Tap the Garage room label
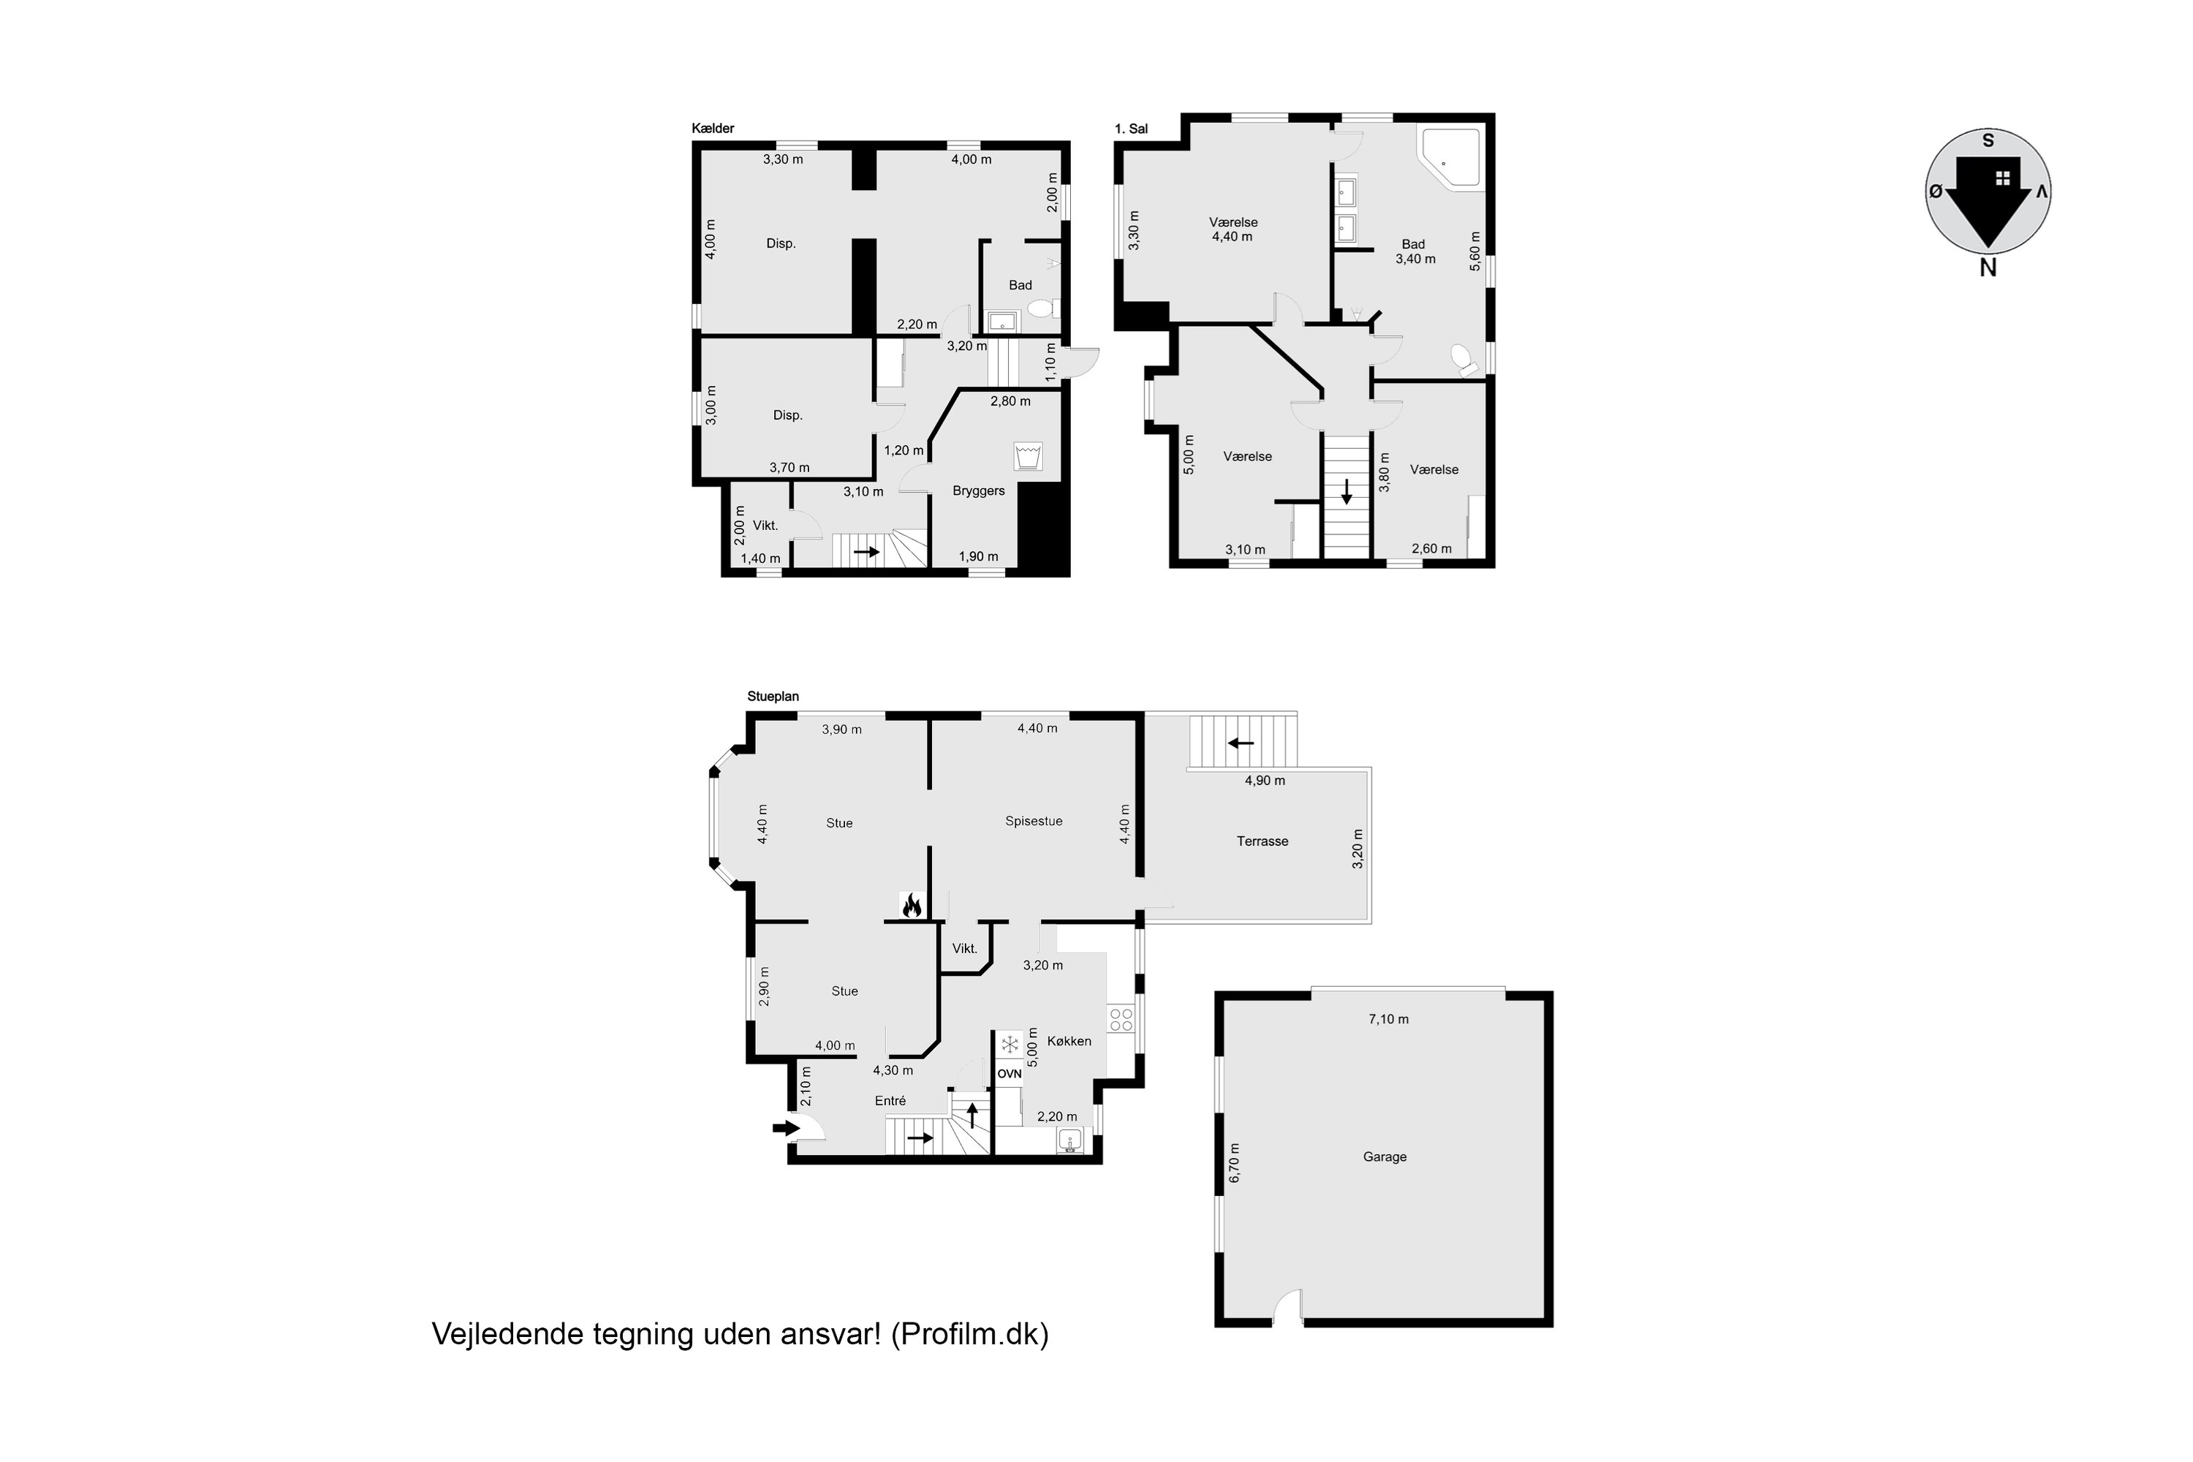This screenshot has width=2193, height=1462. pyautogui.click(x=1385, y=1157)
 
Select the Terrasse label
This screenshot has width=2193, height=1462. pyautogui.click(x=1262, y=841)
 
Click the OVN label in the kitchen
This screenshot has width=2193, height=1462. pyautogui.click(x=1010, y=1074)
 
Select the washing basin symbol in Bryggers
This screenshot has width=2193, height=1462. pyautogui.click(x=1028, y=457)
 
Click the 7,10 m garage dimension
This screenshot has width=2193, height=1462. pyautogui.click(x=1388, y=1019)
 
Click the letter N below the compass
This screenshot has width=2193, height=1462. pyautogui.click(x=1988, y=268)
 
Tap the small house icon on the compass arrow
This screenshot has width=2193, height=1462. pyautogui.click(x=2002, y=178)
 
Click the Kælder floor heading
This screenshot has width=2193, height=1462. pyautogui.click(x=713, y=129)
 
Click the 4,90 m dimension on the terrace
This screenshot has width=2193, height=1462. pyautogui.click(x=1265, y=781)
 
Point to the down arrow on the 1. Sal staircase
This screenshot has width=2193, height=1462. pyautogui.click(x=1347, y=491)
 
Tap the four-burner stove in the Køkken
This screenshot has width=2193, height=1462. pyautogui.click(x=1120, y=1019)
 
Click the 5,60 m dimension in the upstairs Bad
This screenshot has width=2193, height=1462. pyautogui.click(x=1475, y=251)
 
